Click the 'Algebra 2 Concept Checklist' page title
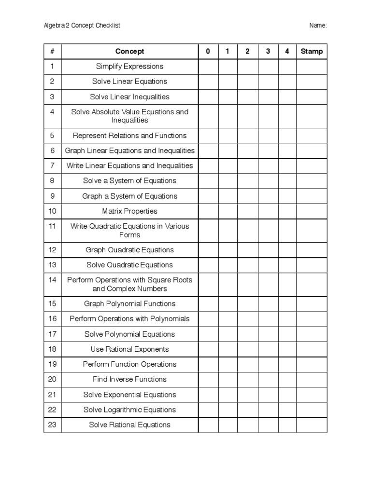click(82, 26)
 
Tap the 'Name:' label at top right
click(318, 26)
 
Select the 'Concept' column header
click(129, 51)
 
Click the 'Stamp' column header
click(312, 51)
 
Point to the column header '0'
click(208, 51)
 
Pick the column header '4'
click(287, 51)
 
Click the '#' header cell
click(52, 51)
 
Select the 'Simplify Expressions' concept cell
click(129, 67)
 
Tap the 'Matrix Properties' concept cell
click(129, 211)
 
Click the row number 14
click(52, 280)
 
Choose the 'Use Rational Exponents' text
click(129, 349)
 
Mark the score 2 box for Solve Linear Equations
click(247, 82)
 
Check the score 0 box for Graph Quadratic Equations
click(208, 250)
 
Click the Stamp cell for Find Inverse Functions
click(312, 380)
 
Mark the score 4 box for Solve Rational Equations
click(287, 425)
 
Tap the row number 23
click(52, 425)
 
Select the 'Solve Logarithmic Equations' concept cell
click(129, 410)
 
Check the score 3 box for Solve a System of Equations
click(268, 181)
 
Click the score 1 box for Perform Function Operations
click(228, 364)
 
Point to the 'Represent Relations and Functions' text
click(129, 136)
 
